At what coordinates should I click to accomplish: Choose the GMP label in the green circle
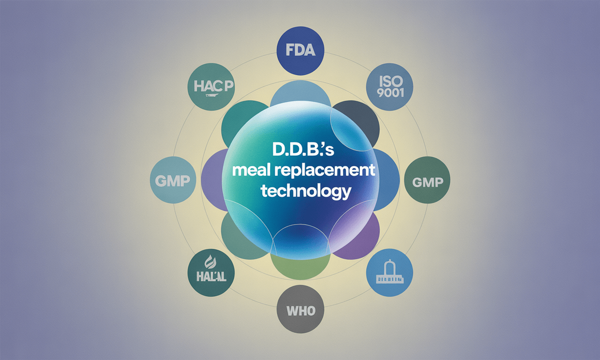tap(427, 182)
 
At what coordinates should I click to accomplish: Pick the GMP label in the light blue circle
tap(172, 181)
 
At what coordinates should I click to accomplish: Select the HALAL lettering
tap(210, 276)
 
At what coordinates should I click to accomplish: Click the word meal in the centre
tap(252, 171)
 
